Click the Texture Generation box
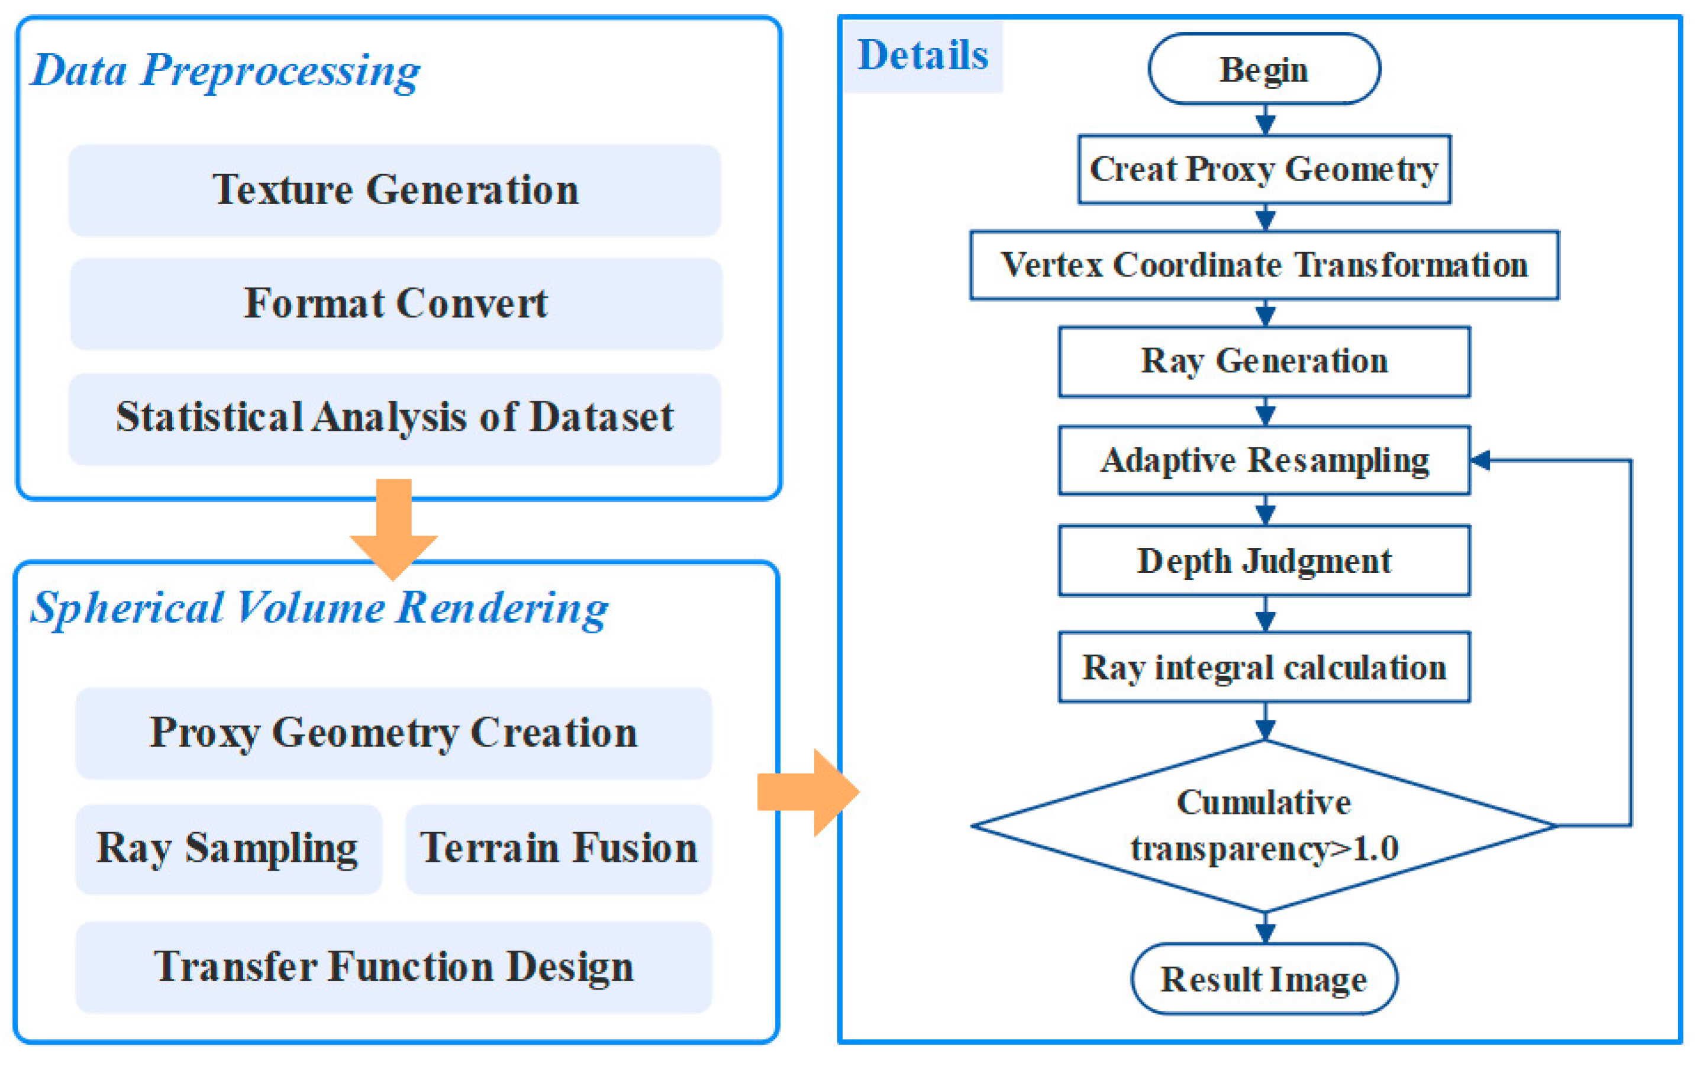tap(395, 191)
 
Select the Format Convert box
tap(396, 304)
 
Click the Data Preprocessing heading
tap(225, 71)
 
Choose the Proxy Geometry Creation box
tap(393, 733)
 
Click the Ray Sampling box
tap(228, 849)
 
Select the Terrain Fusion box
tap(558, 849)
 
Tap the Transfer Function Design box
tap(393, 967)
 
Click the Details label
tap(922, 56)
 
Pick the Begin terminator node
tap(1264, 69)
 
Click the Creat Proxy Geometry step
tap(1264, 169)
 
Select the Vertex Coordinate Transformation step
tap(1264, 265)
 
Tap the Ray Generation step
tap(1264, 361)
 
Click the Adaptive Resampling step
tap(1264, 460)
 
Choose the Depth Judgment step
tap(1264, 561)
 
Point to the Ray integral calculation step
tap(1264, 667)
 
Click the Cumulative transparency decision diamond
tap(1264, 826)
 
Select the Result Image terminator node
tap(1264, 978)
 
